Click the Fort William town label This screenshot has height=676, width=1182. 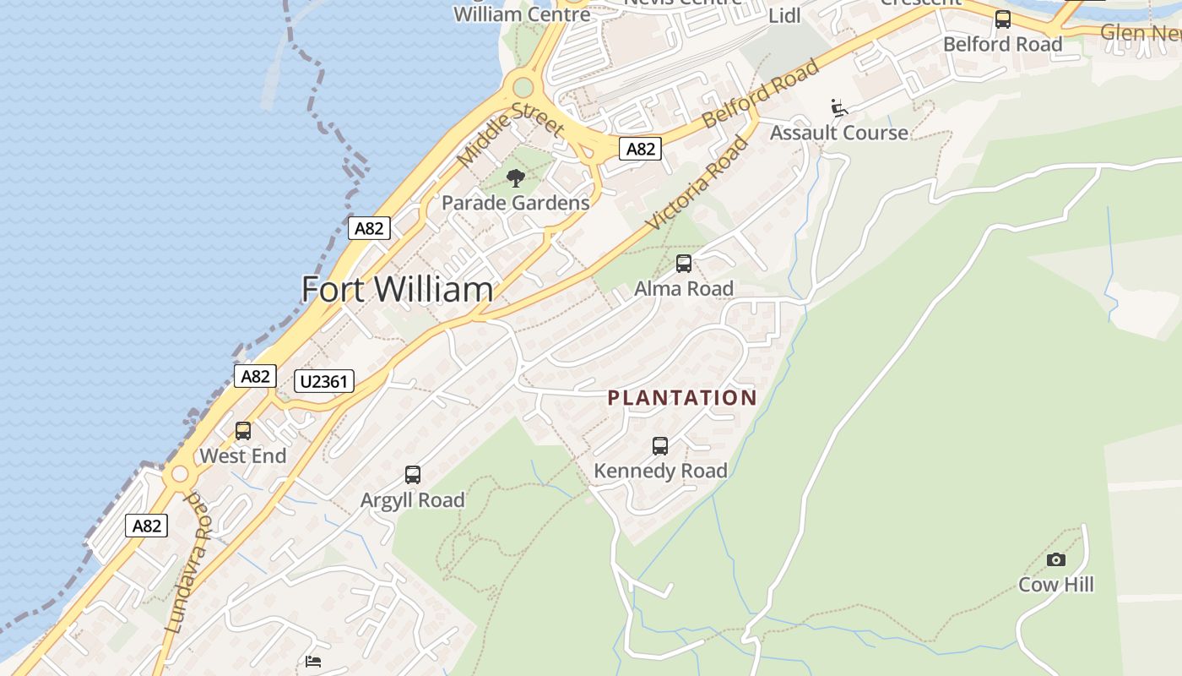[x=397, y=290]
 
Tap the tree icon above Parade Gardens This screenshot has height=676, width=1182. [x=516, y=178]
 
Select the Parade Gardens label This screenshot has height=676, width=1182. [x=516, y=203]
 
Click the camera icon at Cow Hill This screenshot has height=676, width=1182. [x=1055, y=559]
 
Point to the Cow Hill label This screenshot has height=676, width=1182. [x=1055, y=585]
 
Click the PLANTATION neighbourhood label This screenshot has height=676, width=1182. [x=682, y=398]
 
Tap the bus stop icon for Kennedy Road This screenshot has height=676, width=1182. [x=660, y=445]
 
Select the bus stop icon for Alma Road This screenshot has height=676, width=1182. [x=684, y=264]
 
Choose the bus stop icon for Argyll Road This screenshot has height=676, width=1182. [x=413, y=475]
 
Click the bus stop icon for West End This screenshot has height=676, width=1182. [x=243, y=431]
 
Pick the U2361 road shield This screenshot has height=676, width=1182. [x=324, y=381]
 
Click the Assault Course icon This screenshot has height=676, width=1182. [x=839, y=108]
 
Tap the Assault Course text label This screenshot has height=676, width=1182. [x=839, y=133]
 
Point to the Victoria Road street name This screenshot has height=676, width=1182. [x=697, y=183]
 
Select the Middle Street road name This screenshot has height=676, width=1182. [x=510, y=134]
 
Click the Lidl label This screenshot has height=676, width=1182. [x=784, y=16]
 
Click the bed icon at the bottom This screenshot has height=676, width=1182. [x=313, y=662]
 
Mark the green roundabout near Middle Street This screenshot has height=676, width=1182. [x=523, y=87]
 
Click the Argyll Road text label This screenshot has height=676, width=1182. [x=413, y=500]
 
